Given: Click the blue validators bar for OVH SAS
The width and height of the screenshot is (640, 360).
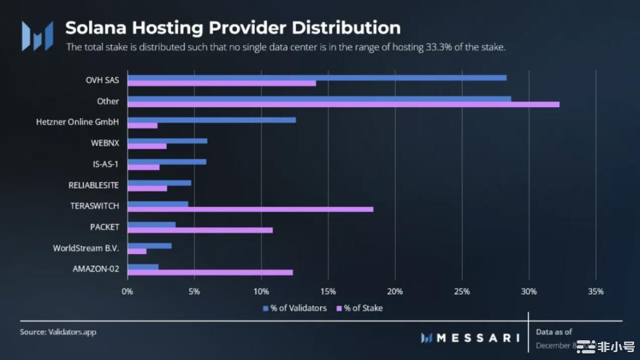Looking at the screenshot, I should point(317,78).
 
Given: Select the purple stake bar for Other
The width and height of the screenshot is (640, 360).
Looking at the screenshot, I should point(343,105).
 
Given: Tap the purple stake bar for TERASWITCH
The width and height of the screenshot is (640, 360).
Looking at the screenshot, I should point(250,209).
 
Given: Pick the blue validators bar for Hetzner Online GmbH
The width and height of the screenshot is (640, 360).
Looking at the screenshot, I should point(211,120).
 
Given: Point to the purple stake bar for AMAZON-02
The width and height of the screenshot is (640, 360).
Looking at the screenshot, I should point(210,272).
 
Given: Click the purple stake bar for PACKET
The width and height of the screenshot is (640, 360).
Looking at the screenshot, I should point(200,230).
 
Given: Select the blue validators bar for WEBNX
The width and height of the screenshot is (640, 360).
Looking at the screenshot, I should point(167,141).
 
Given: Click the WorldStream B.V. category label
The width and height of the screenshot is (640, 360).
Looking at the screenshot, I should point(86,248).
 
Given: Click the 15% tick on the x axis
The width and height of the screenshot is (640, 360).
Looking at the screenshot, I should point(328,292).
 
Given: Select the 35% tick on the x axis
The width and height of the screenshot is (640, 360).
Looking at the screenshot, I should point(595,292).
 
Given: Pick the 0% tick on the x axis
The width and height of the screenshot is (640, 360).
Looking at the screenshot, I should point(127,292).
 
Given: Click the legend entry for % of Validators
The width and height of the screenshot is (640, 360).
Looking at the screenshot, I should point(294,308).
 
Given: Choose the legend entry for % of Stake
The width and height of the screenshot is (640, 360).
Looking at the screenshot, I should point(360,308).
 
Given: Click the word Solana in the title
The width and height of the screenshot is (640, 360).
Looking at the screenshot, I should point(97,28).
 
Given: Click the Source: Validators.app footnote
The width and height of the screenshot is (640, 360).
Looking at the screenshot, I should point(58,332).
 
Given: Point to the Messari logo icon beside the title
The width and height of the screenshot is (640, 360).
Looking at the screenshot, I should point(37,36).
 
